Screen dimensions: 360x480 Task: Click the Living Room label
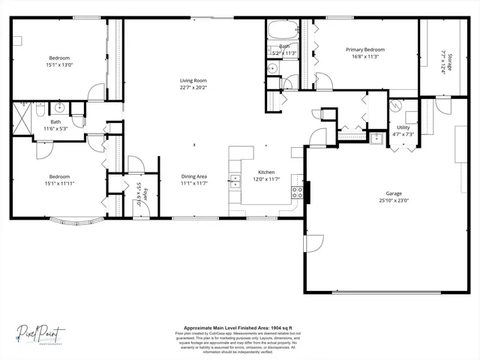193,80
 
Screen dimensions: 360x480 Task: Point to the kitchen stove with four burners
297,193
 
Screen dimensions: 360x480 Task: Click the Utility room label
403,128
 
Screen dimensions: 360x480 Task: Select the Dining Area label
193,176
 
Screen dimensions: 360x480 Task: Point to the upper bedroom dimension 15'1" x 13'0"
59,64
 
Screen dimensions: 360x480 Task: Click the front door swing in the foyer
135,165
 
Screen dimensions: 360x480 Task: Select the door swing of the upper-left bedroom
95,92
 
